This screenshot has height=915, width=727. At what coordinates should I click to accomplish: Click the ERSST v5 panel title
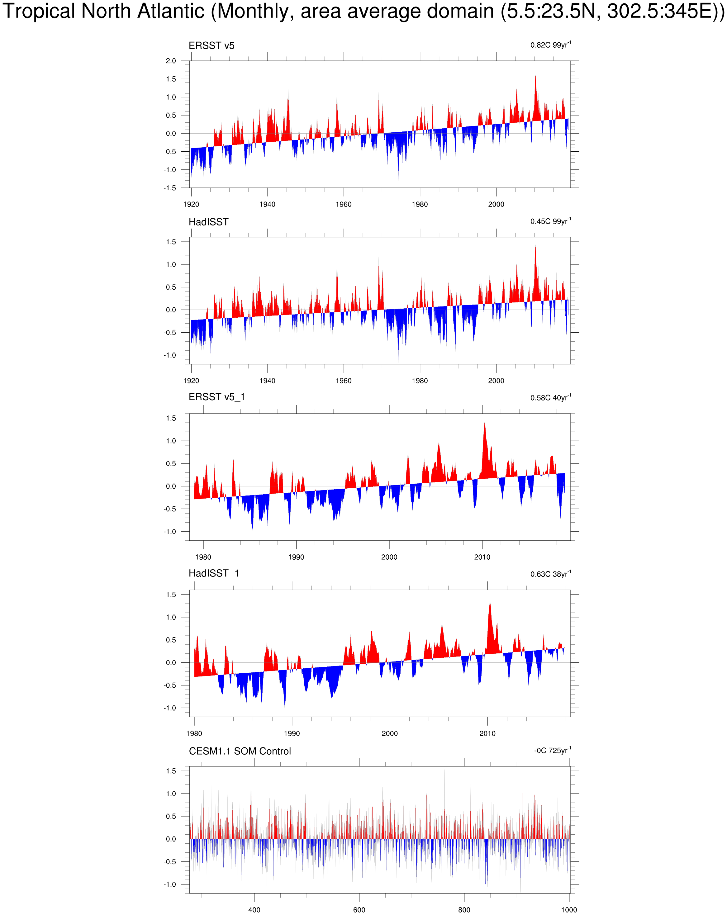tap(211, 45)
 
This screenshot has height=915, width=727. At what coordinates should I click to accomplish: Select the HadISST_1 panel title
tap(213, 573)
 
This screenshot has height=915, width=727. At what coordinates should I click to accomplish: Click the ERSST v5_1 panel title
tap(216, 397)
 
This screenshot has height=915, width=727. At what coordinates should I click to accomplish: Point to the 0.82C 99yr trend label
tap(550, 45)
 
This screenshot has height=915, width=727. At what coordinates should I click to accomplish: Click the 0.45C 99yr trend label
tap(550, 221)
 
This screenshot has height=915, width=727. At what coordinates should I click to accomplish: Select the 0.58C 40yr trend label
tap(550, 398)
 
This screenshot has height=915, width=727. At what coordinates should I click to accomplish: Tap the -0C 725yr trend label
tap(552, 750)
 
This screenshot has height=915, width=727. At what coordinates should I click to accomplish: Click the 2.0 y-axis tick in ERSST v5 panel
tap(171, 61)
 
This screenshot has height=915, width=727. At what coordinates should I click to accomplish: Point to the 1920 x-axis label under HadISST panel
tap(191, 381)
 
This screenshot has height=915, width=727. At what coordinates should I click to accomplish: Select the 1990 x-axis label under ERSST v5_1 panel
tap(296, 557)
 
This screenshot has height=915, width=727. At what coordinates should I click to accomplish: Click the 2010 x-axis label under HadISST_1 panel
tap(487, 733)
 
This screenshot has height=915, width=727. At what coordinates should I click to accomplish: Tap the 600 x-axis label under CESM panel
tap(359, 909)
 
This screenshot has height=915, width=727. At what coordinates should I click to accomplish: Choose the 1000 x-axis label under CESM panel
tap(569, 909)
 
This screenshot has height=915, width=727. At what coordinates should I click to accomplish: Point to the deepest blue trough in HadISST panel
tap(398, 359)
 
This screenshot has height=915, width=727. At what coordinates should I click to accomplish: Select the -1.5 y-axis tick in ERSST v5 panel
tap(170, 188)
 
